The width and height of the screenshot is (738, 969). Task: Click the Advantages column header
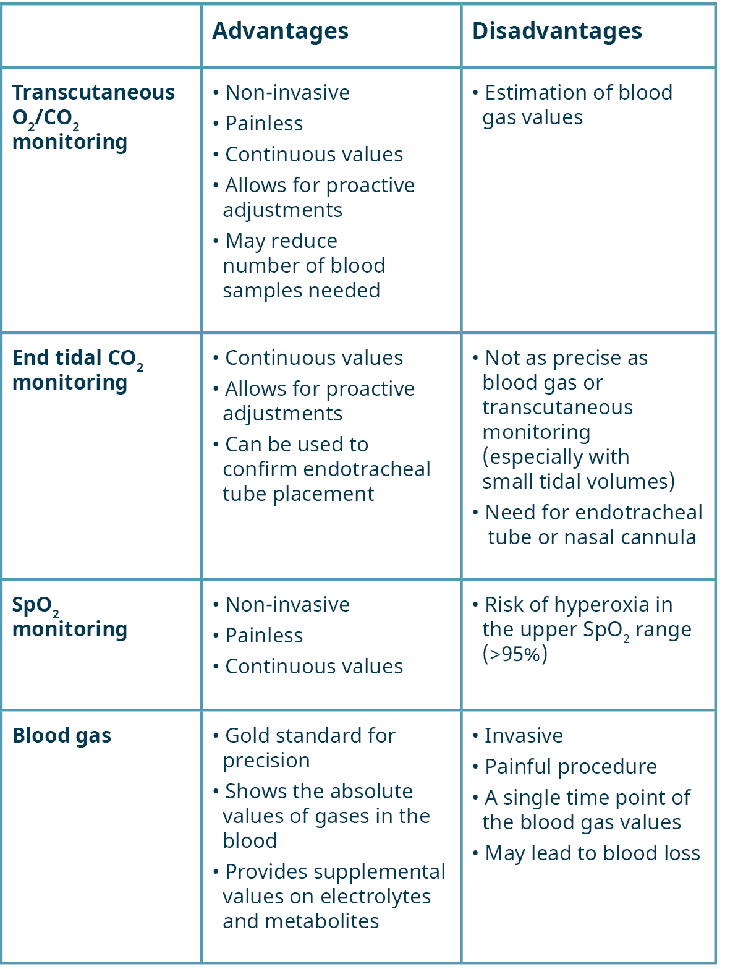tap(280, 32)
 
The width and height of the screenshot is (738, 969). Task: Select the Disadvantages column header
tap(557, 32)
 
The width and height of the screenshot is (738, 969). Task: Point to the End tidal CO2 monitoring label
tap(78, 370)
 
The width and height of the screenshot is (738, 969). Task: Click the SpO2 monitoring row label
tap(70, 617)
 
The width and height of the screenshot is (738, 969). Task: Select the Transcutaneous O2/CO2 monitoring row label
tap(93, 117)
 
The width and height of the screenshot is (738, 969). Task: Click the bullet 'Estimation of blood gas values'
tap(572, 105)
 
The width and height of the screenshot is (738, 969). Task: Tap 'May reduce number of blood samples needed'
tap(299, 265)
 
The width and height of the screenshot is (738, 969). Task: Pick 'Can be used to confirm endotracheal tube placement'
tap(321, 469)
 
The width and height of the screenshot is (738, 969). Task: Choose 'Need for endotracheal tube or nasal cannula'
tap(588, 524)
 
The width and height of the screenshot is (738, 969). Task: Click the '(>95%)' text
tap(515, 654)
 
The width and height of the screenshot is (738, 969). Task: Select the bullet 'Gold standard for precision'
tap(304, 748)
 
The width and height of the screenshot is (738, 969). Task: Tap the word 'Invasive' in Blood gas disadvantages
tap(524, 736)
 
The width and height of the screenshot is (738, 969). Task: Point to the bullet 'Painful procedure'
tap(565, 767)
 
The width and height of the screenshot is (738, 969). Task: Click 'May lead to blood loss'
tap(586, 853)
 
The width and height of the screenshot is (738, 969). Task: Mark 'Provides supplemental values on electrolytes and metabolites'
tap(329, 896)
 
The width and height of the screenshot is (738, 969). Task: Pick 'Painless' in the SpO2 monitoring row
tap(264, 636)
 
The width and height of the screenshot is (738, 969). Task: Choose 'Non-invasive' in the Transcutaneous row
tap(287, 93)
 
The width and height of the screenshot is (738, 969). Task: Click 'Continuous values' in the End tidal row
tap(313, 358)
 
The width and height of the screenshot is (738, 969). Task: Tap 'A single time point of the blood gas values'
tap(582, 809)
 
